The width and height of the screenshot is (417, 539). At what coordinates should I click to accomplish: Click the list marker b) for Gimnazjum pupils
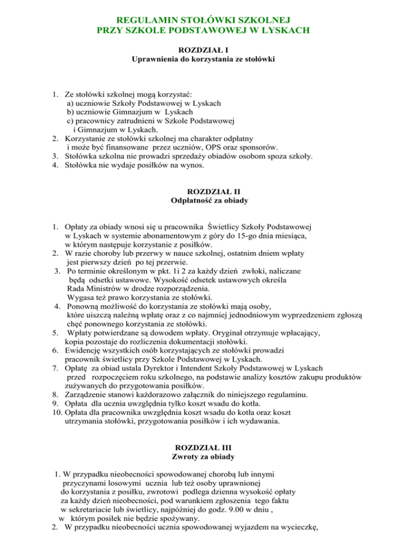[x=71, y=111]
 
